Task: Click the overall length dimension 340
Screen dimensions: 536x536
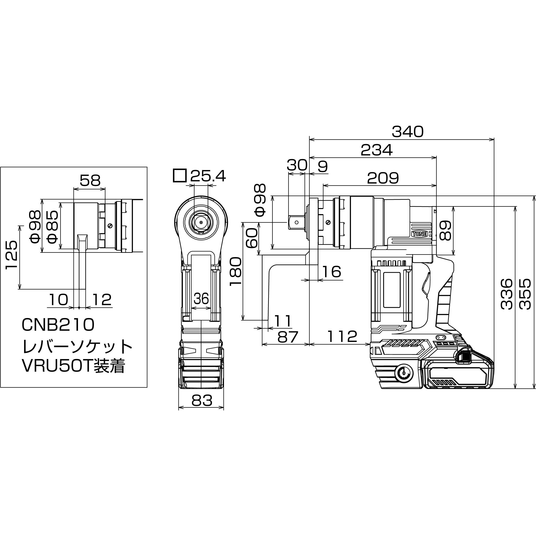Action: pyautogui.click(x=408, y=132)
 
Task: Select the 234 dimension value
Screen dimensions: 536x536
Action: pyautogui.click(x=377, y=150)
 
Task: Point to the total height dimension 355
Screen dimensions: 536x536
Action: pyautogui.click(x=525, y=294)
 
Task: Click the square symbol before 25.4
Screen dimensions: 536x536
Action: pyautogui.click(x=179, y=176)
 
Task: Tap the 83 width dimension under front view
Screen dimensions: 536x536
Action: pyautogui.click(x=202, y=401)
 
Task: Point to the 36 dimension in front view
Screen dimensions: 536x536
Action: pyautogui.click(x=201, y=299)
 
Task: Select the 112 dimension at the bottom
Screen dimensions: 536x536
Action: pyautogui.click(x=342, y=336)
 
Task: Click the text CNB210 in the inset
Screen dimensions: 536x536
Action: pyautogui.click(x=58, y=325)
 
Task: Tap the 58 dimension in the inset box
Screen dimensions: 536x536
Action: pyautogui.click(x=90, y=181)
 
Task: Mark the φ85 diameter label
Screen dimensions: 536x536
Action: pyautogui.click(x=52, y=227)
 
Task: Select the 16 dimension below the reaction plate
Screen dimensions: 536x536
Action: pyautogui.click(x=332, y=272)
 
